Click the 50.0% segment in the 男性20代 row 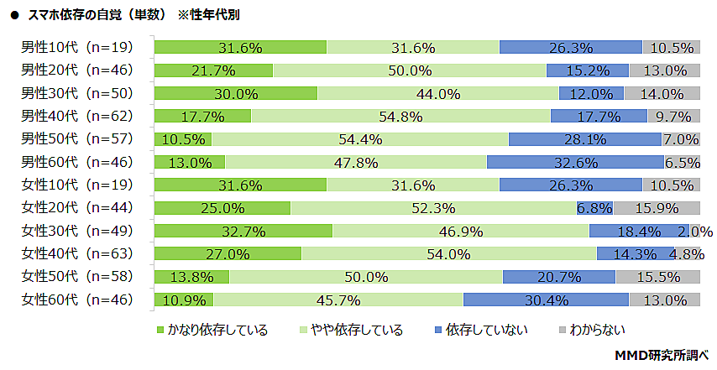coord(409,70)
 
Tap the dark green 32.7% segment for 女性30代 coord(243,231)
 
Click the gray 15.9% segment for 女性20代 coord(657,208)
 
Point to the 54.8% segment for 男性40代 coord(400,117)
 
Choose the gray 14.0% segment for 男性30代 coord(662,93)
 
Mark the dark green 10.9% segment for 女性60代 coord(183,300)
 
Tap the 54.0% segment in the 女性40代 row coord(448,253)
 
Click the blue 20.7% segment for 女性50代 coord(558,277)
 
